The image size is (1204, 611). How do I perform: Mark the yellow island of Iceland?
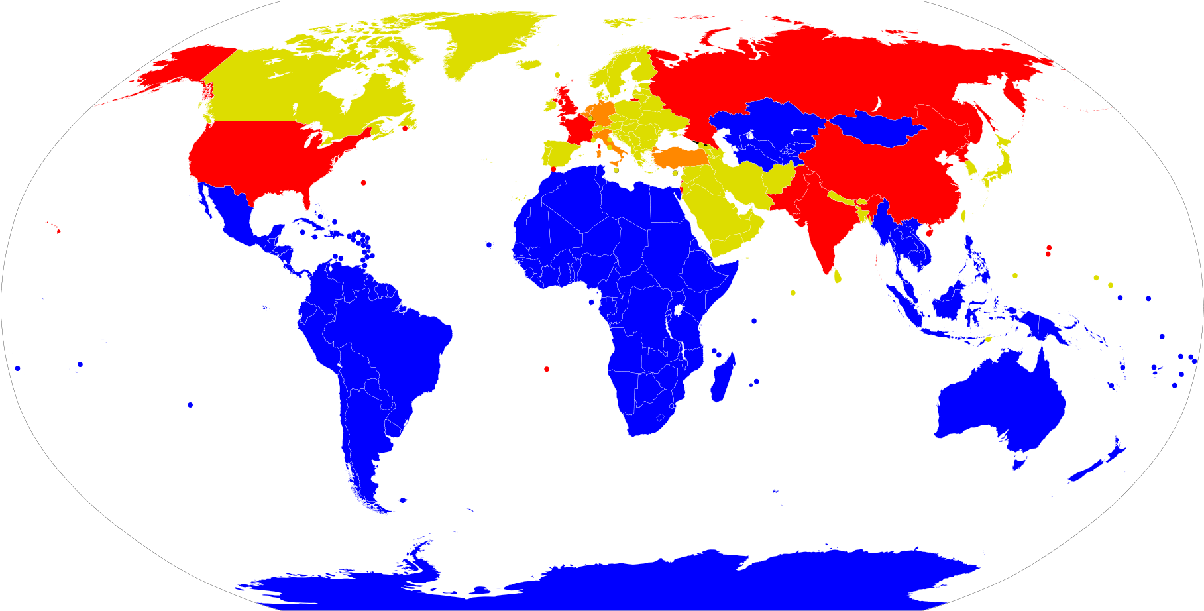coord(530,64)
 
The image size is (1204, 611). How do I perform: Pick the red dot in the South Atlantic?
coord(547,369)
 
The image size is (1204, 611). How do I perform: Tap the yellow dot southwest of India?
coord(793,292)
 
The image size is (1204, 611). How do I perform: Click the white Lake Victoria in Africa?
coord(679,310)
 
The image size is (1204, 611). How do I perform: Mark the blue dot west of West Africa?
coord(489,245)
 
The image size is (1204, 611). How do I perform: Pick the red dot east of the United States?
coord(363,182)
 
